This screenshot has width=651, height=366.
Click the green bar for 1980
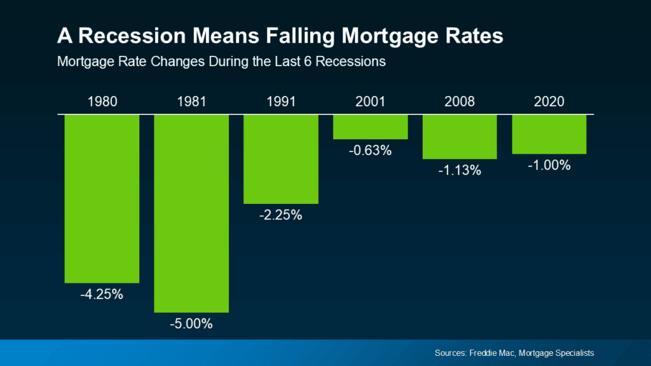pyautogui.click(x=102, y=198)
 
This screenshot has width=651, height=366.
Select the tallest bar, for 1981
pyautogui.click(x=191, y=213)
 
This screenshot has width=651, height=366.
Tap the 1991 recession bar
pyautogui.click(x=280, y=159)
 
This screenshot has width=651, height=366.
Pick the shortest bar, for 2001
pyautogui.click(x=370, y=126)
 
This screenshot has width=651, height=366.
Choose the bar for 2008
pyautogui.click(x=460, y=136)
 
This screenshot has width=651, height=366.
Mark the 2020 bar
pyautogui.click(x=549, y=134)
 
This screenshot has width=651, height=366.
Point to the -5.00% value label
pyautogui.click(x=191, y=324)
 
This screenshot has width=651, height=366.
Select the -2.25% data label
pyautogui.click(x=280, y=215)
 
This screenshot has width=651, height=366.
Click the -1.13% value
pyautogui.click(x=460, y=170)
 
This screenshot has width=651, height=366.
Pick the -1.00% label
pyautogui.click(x=549, y=165)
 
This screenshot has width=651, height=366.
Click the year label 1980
pyautogui.click(x=102, y=102)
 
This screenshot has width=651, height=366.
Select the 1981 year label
pyautogui.click(x=191, y=102)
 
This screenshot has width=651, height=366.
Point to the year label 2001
pyautogui.click(x=370, y=102)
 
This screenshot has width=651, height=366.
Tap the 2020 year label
pyautogui.click(x=549, y=102)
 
